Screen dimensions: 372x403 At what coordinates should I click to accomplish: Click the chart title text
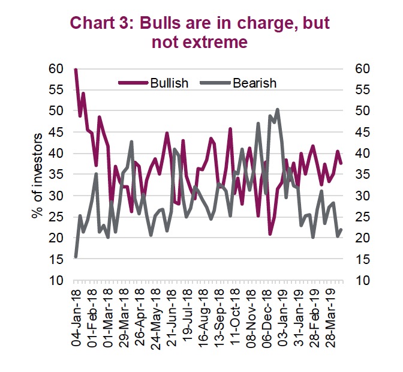[x=200, y=33]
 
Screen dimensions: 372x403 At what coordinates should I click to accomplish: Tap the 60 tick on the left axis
[x=56, y=69]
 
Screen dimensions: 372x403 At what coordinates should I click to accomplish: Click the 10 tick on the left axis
[x=56, y=280]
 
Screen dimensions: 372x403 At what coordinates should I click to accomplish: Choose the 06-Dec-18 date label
[x=267, y=318]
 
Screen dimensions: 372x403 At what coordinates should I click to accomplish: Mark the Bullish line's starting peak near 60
[x=76, y=70]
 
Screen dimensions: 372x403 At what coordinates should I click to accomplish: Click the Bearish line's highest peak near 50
[x=277, y=110]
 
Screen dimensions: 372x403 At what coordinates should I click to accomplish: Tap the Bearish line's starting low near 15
[x=76, y=256]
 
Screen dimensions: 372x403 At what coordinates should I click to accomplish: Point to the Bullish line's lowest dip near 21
[x=270, y=233]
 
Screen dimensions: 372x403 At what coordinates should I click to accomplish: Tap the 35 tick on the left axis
[x=56, y=175]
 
